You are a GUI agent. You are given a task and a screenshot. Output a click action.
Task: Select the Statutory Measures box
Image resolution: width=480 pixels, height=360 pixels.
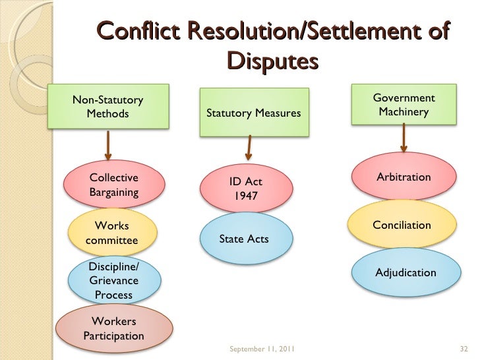(x=254, y=113)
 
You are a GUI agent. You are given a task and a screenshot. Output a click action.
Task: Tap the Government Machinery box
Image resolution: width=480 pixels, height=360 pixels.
(x=404, y=105)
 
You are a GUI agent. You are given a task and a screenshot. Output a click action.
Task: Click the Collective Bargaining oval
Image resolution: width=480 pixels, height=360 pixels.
(x=113, y=185)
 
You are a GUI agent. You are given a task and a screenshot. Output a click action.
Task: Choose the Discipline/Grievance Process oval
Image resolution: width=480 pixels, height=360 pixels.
(x=113, y=280)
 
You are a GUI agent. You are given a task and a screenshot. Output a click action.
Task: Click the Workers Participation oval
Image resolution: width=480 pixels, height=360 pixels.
(x=113, y=328)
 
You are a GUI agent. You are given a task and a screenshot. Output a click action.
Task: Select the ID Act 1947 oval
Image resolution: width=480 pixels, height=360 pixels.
(x=245, y=189)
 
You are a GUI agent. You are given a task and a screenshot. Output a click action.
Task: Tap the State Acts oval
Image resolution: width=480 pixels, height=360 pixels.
(x=244, y=239)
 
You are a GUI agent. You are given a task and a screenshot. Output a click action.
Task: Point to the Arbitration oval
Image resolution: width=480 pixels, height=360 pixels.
(x=404, y=177)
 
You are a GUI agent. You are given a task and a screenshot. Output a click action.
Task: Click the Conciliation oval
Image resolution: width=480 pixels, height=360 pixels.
(x=402, y=225)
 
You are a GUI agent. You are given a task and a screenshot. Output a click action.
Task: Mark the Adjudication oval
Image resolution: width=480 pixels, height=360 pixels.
(x=405, y=272)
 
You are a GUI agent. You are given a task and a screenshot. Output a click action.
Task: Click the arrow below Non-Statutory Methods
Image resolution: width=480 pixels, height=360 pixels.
(x=108, y=144)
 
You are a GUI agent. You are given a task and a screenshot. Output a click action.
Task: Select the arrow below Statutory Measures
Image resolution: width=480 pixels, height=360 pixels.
(x=249, y=147)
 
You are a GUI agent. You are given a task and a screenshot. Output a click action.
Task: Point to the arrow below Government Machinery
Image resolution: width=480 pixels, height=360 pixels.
(x=403, y=140)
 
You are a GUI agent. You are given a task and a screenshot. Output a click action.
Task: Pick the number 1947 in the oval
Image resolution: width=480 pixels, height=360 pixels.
(x=245, y=196)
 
